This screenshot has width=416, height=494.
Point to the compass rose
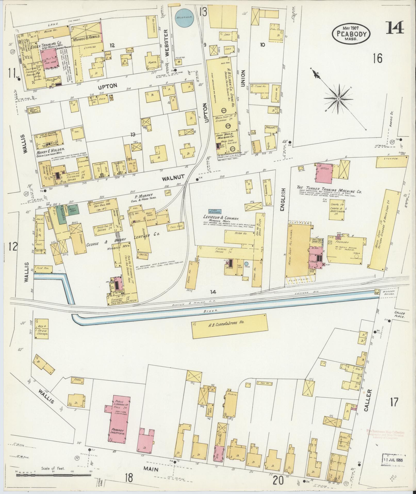coord(338,99)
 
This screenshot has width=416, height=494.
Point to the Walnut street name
coord(173,177)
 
